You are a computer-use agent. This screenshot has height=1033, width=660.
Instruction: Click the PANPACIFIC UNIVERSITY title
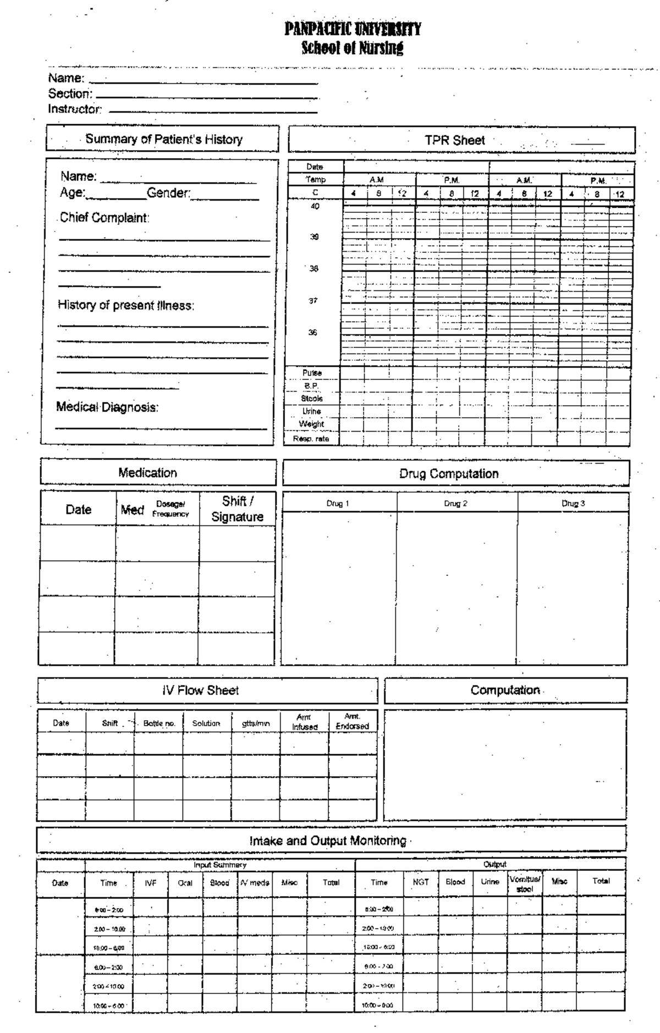tap(353, 29)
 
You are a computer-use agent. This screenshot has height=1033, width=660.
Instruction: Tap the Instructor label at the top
tap(75, 109)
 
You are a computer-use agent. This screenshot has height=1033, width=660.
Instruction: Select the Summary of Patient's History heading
tap(163, 139)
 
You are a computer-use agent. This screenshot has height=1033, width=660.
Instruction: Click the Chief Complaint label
tap(104, 218)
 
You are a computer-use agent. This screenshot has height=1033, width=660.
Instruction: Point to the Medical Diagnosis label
tap(107, 407)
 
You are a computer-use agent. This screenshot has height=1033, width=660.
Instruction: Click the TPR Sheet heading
tap(454, 140)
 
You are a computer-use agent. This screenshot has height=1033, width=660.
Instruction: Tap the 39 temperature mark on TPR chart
tap(313, 237)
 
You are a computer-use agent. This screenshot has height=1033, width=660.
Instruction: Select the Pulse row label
tap(312, 373)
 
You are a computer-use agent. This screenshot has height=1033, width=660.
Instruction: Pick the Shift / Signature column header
tap(237, 509)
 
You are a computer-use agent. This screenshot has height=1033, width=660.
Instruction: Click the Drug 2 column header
tap(455, 504)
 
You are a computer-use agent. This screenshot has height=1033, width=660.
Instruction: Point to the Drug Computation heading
tap(449, 474)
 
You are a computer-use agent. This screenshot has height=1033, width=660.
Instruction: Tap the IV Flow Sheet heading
tap(201, 690)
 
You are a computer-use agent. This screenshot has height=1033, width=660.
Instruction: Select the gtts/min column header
tap(256, 723)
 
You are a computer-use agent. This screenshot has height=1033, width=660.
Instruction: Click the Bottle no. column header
tap(159, 723)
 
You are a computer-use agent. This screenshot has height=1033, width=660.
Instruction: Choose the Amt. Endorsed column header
tap(352, 721)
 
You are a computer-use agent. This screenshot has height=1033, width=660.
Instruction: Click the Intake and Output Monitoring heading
tap(328, 841)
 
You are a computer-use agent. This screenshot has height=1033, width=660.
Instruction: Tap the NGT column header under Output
tap(421, 882)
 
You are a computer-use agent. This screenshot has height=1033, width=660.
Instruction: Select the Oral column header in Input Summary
tap(185, 883)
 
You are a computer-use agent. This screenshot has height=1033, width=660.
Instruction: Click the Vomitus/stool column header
tap(525, 883)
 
